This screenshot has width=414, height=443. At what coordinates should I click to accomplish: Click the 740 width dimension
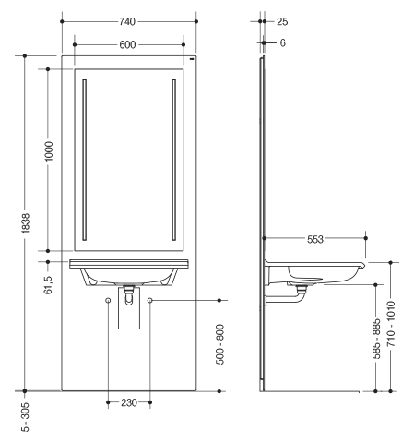pos(127,21)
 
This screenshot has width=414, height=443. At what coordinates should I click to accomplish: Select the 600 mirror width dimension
pos(127,45)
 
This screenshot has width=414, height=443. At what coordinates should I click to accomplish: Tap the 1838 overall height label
pos(26,223)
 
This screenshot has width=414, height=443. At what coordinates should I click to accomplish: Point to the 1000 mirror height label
pos(49,151)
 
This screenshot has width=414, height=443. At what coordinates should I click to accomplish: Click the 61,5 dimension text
pos(48,285)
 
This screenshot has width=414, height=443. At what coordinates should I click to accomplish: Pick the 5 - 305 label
pos(26,417)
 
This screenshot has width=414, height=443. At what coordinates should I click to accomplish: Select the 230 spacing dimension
pos(129,402)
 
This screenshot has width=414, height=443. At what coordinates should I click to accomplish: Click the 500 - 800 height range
pos(220,344)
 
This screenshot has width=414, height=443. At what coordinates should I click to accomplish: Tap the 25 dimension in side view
pos(282,22)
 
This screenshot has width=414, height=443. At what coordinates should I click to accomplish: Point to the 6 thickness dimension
pos(283,42)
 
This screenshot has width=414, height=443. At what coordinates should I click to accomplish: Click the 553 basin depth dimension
pos(315,239)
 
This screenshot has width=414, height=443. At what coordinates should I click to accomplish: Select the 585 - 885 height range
pos(376,339)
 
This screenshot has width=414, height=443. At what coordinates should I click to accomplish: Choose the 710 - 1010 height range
pos(391,324)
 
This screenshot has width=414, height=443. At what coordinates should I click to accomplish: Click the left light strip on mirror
pos(85,160)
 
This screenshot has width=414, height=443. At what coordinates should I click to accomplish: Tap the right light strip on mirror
pos(174,160)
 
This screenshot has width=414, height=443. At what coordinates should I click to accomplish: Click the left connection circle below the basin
pos(108,300)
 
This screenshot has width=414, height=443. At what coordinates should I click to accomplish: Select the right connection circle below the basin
pos(149,300)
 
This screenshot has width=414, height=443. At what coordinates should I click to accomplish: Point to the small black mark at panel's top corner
pos(192,58)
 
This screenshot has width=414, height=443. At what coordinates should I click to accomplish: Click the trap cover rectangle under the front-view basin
pos(129,308)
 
